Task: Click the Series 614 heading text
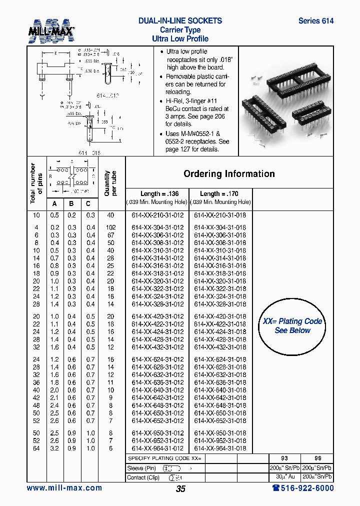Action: pos(315,21)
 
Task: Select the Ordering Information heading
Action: pos(229,174)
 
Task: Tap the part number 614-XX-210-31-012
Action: pos(157,215)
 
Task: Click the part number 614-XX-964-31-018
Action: pos(220,449)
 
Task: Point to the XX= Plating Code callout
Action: pos(292,326)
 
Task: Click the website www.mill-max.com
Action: pos(64,488)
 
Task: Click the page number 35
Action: pos(180,489)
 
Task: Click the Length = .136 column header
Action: pos(157,194)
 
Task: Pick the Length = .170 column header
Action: pos(220,194)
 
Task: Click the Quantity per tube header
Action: pos(110,183)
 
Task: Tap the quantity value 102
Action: pos(110,227)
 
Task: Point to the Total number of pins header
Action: pos(36,183)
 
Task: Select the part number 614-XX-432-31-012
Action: pos(157,347)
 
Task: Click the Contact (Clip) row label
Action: pos(143,477)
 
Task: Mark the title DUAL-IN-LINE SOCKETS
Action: pos(180,21)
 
